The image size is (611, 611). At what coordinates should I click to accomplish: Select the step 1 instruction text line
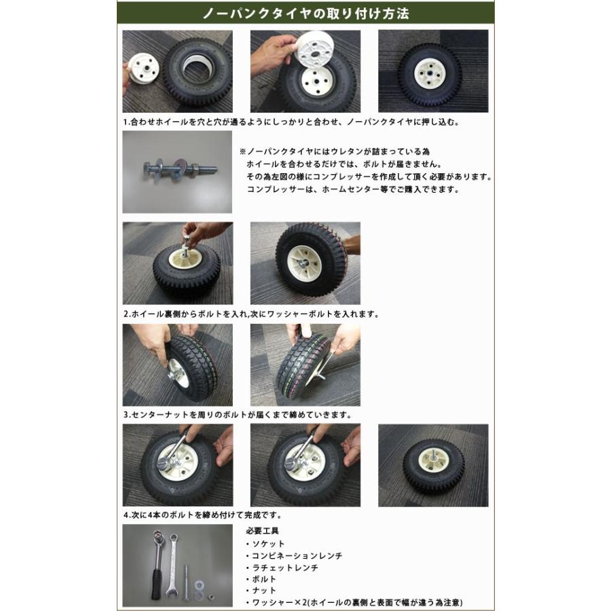(x=291, y=123)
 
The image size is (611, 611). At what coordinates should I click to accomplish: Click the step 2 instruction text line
(x=251, y=314)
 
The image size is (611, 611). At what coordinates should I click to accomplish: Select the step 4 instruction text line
(x=202, y=515)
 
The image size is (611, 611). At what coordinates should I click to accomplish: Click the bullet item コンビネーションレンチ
(x=297, y=555)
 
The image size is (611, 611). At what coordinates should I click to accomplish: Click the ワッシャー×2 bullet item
(x=357, y=602)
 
